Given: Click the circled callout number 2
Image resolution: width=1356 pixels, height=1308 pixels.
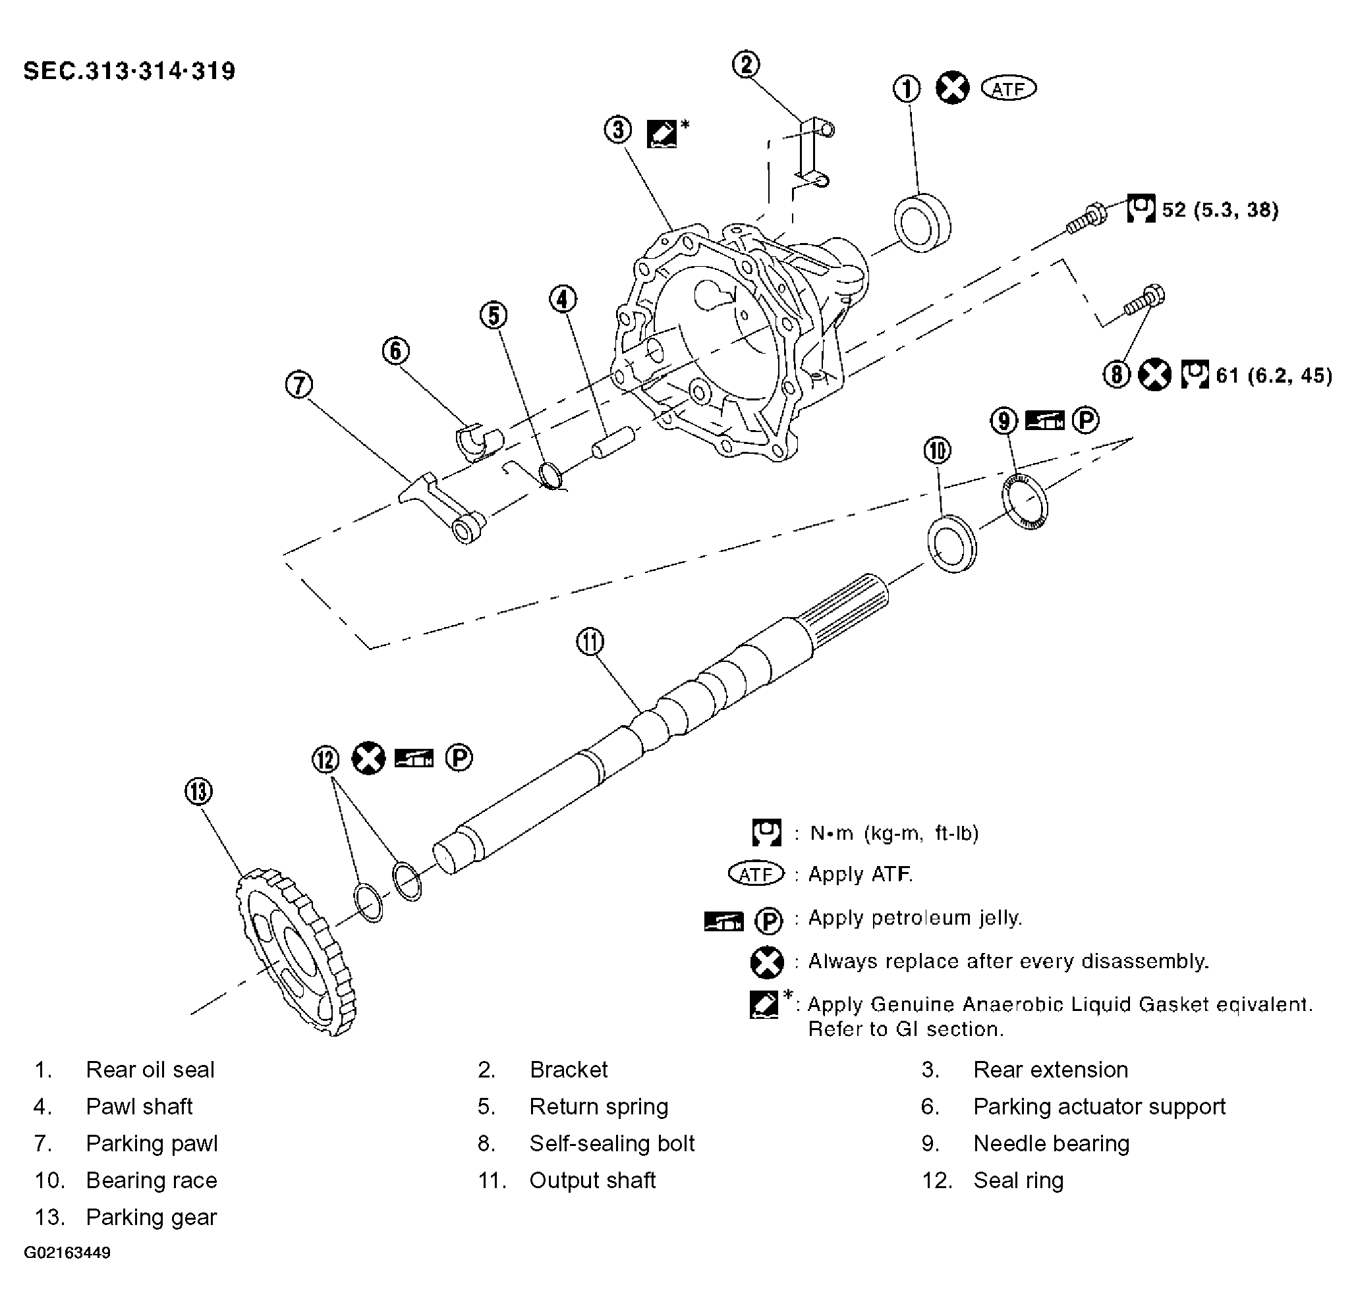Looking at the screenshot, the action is [x=746, y=65].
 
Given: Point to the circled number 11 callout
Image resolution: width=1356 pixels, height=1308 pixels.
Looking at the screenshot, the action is [x=590, y=642].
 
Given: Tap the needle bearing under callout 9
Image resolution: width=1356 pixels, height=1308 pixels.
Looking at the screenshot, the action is [x=1025, y=501].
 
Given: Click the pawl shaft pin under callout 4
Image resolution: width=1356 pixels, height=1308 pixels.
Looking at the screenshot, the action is [x=613, y=443].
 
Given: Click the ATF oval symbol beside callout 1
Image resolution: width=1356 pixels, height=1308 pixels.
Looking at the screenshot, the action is [x=1009, y=88].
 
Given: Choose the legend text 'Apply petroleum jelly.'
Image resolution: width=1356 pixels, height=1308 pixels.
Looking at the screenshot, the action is [x=915, y=919].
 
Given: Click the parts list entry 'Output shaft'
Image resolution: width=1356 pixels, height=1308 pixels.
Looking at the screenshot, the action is [x=592, y=1181].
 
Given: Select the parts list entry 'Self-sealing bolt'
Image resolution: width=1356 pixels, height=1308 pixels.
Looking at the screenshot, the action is [x=611, y=1144].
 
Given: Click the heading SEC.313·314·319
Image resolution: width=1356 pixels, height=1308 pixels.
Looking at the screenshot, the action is [x=129, y=71].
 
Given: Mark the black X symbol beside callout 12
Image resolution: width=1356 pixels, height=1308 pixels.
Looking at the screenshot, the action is [x=368, y=758].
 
